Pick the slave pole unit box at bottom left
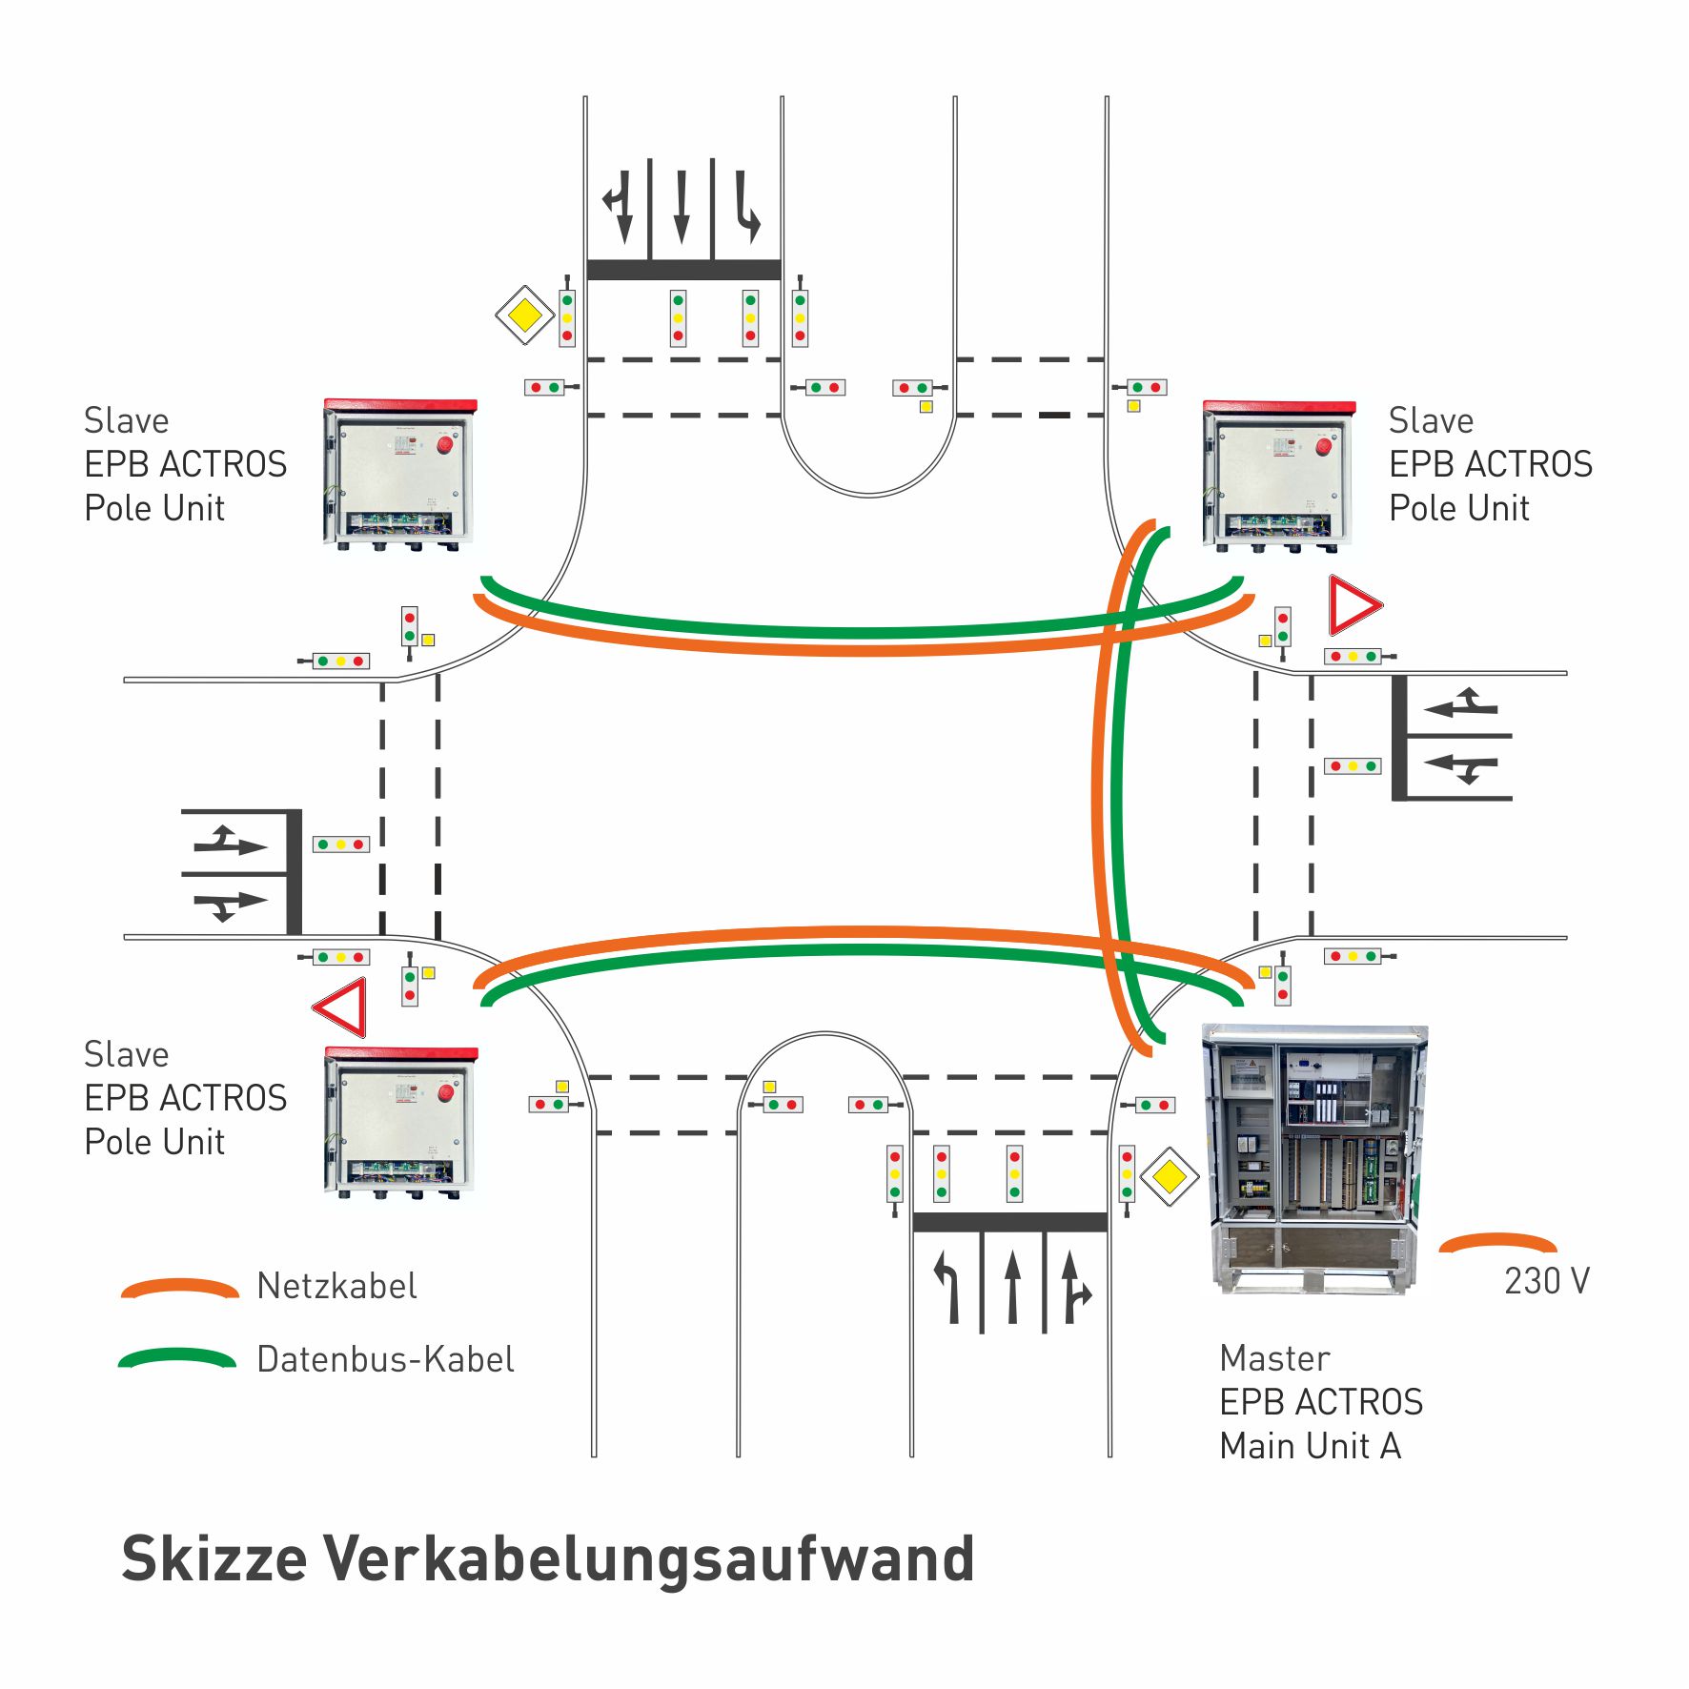pos(400,1121)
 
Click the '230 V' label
pos(1546,1281)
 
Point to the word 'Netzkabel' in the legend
pos(336,1286)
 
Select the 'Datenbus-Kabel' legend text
pos(385,1359)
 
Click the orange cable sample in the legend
pos(179,1288)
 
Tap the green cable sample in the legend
pos(177,1357)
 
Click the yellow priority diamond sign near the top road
pos(524,315)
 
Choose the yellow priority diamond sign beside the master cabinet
pos(1169,1177)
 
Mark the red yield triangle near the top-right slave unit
pos(1353,605)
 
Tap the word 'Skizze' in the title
pos(214,1559)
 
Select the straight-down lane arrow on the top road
pos(682,206)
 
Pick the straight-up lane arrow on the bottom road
pos(1013,1287)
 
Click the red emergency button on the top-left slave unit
pos(445,445)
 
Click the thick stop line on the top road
pos(683,270)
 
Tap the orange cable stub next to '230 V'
pos(1497,1242)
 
